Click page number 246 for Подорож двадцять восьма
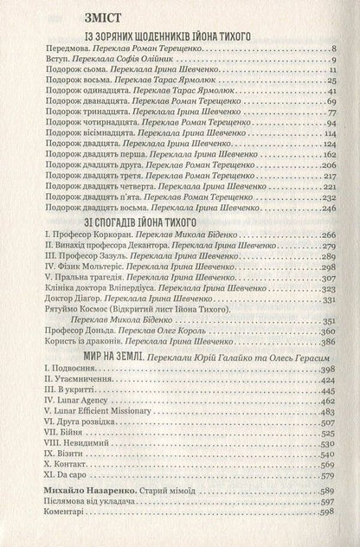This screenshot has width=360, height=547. click(x=326, y=208)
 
